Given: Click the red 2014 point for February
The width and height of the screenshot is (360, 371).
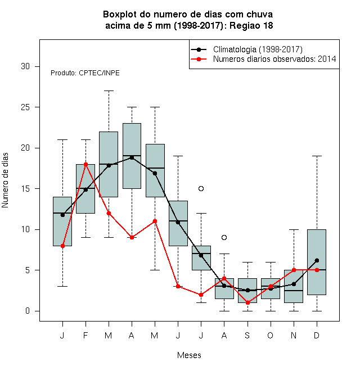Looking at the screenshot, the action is point(85,164).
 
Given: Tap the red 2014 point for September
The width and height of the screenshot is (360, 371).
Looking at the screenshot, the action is point(247,302).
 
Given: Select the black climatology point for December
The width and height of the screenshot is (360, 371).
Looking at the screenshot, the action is point(317,260).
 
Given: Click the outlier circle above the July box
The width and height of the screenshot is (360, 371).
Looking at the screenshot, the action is point(201,188).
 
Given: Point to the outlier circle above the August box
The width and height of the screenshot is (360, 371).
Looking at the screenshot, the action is point(224,237).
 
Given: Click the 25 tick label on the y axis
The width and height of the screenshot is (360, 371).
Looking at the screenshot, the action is point(25,107).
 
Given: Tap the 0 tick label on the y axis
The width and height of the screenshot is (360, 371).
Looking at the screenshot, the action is point(28,311).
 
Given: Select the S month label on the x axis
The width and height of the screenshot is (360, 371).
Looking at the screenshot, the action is point(247,335).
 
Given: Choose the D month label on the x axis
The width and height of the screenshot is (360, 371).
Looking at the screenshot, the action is point(317,335).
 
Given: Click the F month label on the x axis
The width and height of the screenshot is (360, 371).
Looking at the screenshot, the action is point(85,335).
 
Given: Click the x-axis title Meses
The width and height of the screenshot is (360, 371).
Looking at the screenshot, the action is point(189,355).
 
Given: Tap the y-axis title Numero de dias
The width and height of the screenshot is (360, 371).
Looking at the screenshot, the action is point(5,180).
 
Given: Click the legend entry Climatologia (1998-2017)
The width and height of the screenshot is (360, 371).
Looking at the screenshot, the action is point(258,49).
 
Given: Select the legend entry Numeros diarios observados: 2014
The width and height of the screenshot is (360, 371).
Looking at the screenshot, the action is point(274,59).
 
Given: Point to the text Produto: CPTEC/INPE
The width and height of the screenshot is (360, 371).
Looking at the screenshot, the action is point(85,73).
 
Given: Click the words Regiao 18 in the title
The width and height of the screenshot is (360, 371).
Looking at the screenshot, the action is point(251,25).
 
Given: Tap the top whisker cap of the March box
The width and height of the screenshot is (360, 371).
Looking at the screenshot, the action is point(109,91).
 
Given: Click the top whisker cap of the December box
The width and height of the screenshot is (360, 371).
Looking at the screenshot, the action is point(317,156).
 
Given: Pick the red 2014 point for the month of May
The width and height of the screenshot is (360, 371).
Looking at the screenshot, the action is point(155,221).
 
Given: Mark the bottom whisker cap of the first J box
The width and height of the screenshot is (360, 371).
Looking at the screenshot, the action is point(62,286).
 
